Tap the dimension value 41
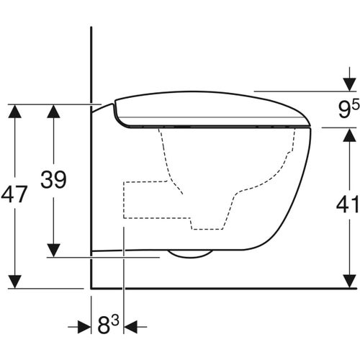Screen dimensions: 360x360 (347, 205)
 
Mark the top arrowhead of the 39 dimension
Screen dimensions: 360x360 (53, 110)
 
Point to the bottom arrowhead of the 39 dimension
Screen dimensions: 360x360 (53, 249)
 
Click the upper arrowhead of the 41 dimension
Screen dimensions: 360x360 (347, 134)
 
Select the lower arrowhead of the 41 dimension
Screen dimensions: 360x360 (347, 282)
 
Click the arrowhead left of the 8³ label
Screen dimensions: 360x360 (84, 327)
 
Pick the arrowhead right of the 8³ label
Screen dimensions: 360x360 (131, 327)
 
